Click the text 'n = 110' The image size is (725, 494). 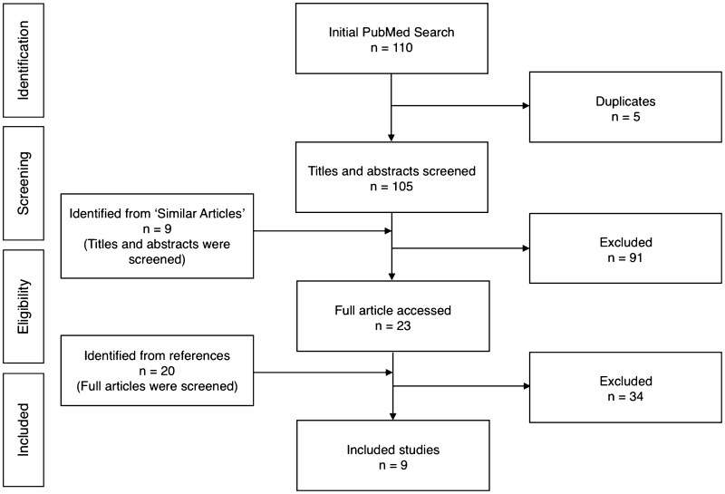(x=391, y=48)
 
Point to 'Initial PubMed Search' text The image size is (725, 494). (x=391, y=33)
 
